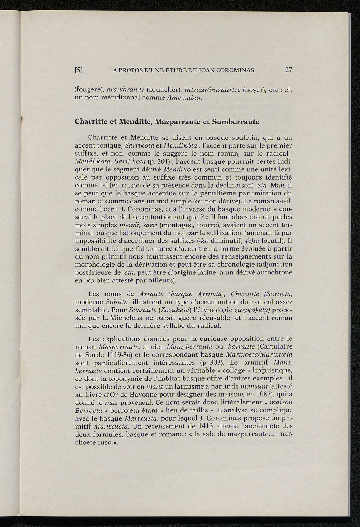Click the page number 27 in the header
point(289,70)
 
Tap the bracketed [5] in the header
point(79,70)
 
